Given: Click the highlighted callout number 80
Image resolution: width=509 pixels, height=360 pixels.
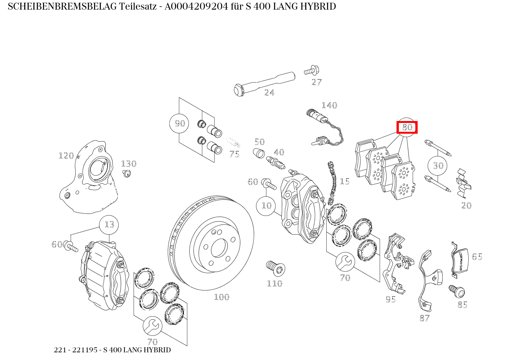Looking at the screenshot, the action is (x=407, y=127).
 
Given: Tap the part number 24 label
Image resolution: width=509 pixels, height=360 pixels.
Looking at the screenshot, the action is (x=269, y=93).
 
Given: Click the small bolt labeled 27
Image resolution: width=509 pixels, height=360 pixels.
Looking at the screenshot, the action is (x=312, y=70).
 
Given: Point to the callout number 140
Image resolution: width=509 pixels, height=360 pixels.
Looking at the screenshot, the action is (x=329, y=105).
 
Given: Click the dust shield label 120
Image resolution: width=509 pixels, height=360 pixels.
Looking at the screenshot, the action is (x=66, y=156).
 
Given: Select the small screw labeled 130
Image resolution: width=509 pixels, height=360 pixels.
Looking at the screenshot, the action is (x=127, y=174).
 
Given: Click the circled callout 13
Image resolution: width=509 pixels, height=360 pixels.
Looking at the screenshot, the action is (x=109, y=225).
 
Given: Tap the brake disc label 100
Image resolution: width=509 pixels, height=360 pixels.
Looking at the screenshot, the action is (x=222, y=297).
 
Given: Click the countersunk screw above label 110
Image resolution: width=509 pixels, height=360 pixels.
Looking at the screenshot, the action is (x=276, y=268).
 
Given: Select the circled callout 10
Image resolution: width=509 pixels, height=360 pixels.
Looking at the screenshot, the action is (x=266, y=206).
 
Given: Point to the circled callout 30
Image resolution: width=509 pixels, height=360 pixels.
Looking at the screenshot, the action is (x=438, y=165).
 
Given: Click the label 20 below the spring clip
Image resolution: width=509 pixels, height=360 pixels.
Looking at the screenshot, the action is (x=466, y=206).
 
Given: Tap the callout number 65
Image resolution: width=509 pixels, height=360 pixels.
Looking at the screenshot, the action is (x=477, y=257).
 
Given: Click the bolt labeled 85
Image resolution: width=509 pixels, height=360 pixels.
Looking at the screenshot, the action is (x=457, y=291).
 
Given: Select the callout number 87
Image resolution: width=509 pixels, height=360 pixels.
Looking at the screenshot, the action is (x=425, y=318).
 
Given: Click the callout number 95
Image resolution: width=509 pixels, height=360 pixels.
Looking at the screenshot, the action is (x=391, y=299).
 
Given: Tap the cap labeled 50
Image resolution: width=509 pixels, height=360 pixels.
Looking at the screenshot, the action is (x=259, y=153).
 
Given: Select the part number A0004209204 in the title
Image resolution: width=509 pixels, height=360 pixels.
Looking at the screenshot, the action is (x=196, y=7).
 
